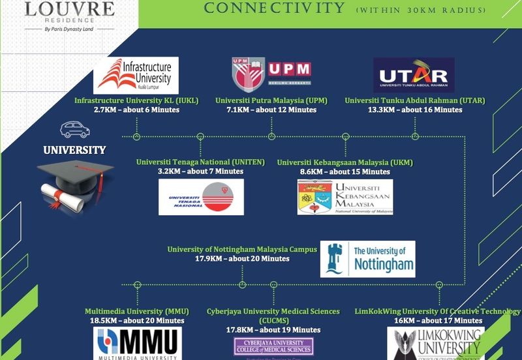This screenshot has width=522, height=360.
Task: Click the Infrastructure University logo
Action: tap(136, 75)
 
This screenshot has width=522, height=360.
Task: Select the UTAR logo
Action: tap(414, 75)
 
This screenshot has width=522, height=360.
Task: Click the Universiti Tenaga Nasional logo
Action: tap(201, 196)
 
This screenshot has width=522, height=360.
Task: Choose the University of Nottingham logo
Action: tap(367, 258)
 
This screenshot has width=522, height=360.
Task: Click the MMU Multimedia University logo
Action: tap(137, 343)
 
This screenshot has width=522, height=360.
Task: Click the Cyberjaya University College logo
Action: tap(273, 346)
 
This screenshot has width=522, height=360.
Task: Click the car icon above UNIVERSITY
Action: tap(74, 128)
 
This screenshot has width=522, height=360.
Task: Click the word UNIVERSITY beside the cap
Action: tap(74, 150)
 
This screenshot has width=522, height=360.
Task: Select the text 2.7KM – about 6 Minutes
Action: tap(136, 110)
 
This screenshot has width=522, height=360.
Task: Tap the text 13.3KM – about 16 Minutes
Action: tap(414, 110)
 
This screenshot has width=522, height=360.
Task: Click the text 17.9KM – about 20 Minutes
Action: tap(242, 259)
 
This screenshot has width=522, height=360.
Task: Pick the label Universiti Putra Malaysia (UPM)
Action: tap(271, 100)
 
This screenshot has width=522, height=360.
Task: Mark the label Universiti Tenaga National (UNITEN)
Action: tap(200, 162)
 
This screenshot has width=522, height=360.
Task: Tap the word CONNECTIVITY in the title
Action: tap(274, 8)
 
